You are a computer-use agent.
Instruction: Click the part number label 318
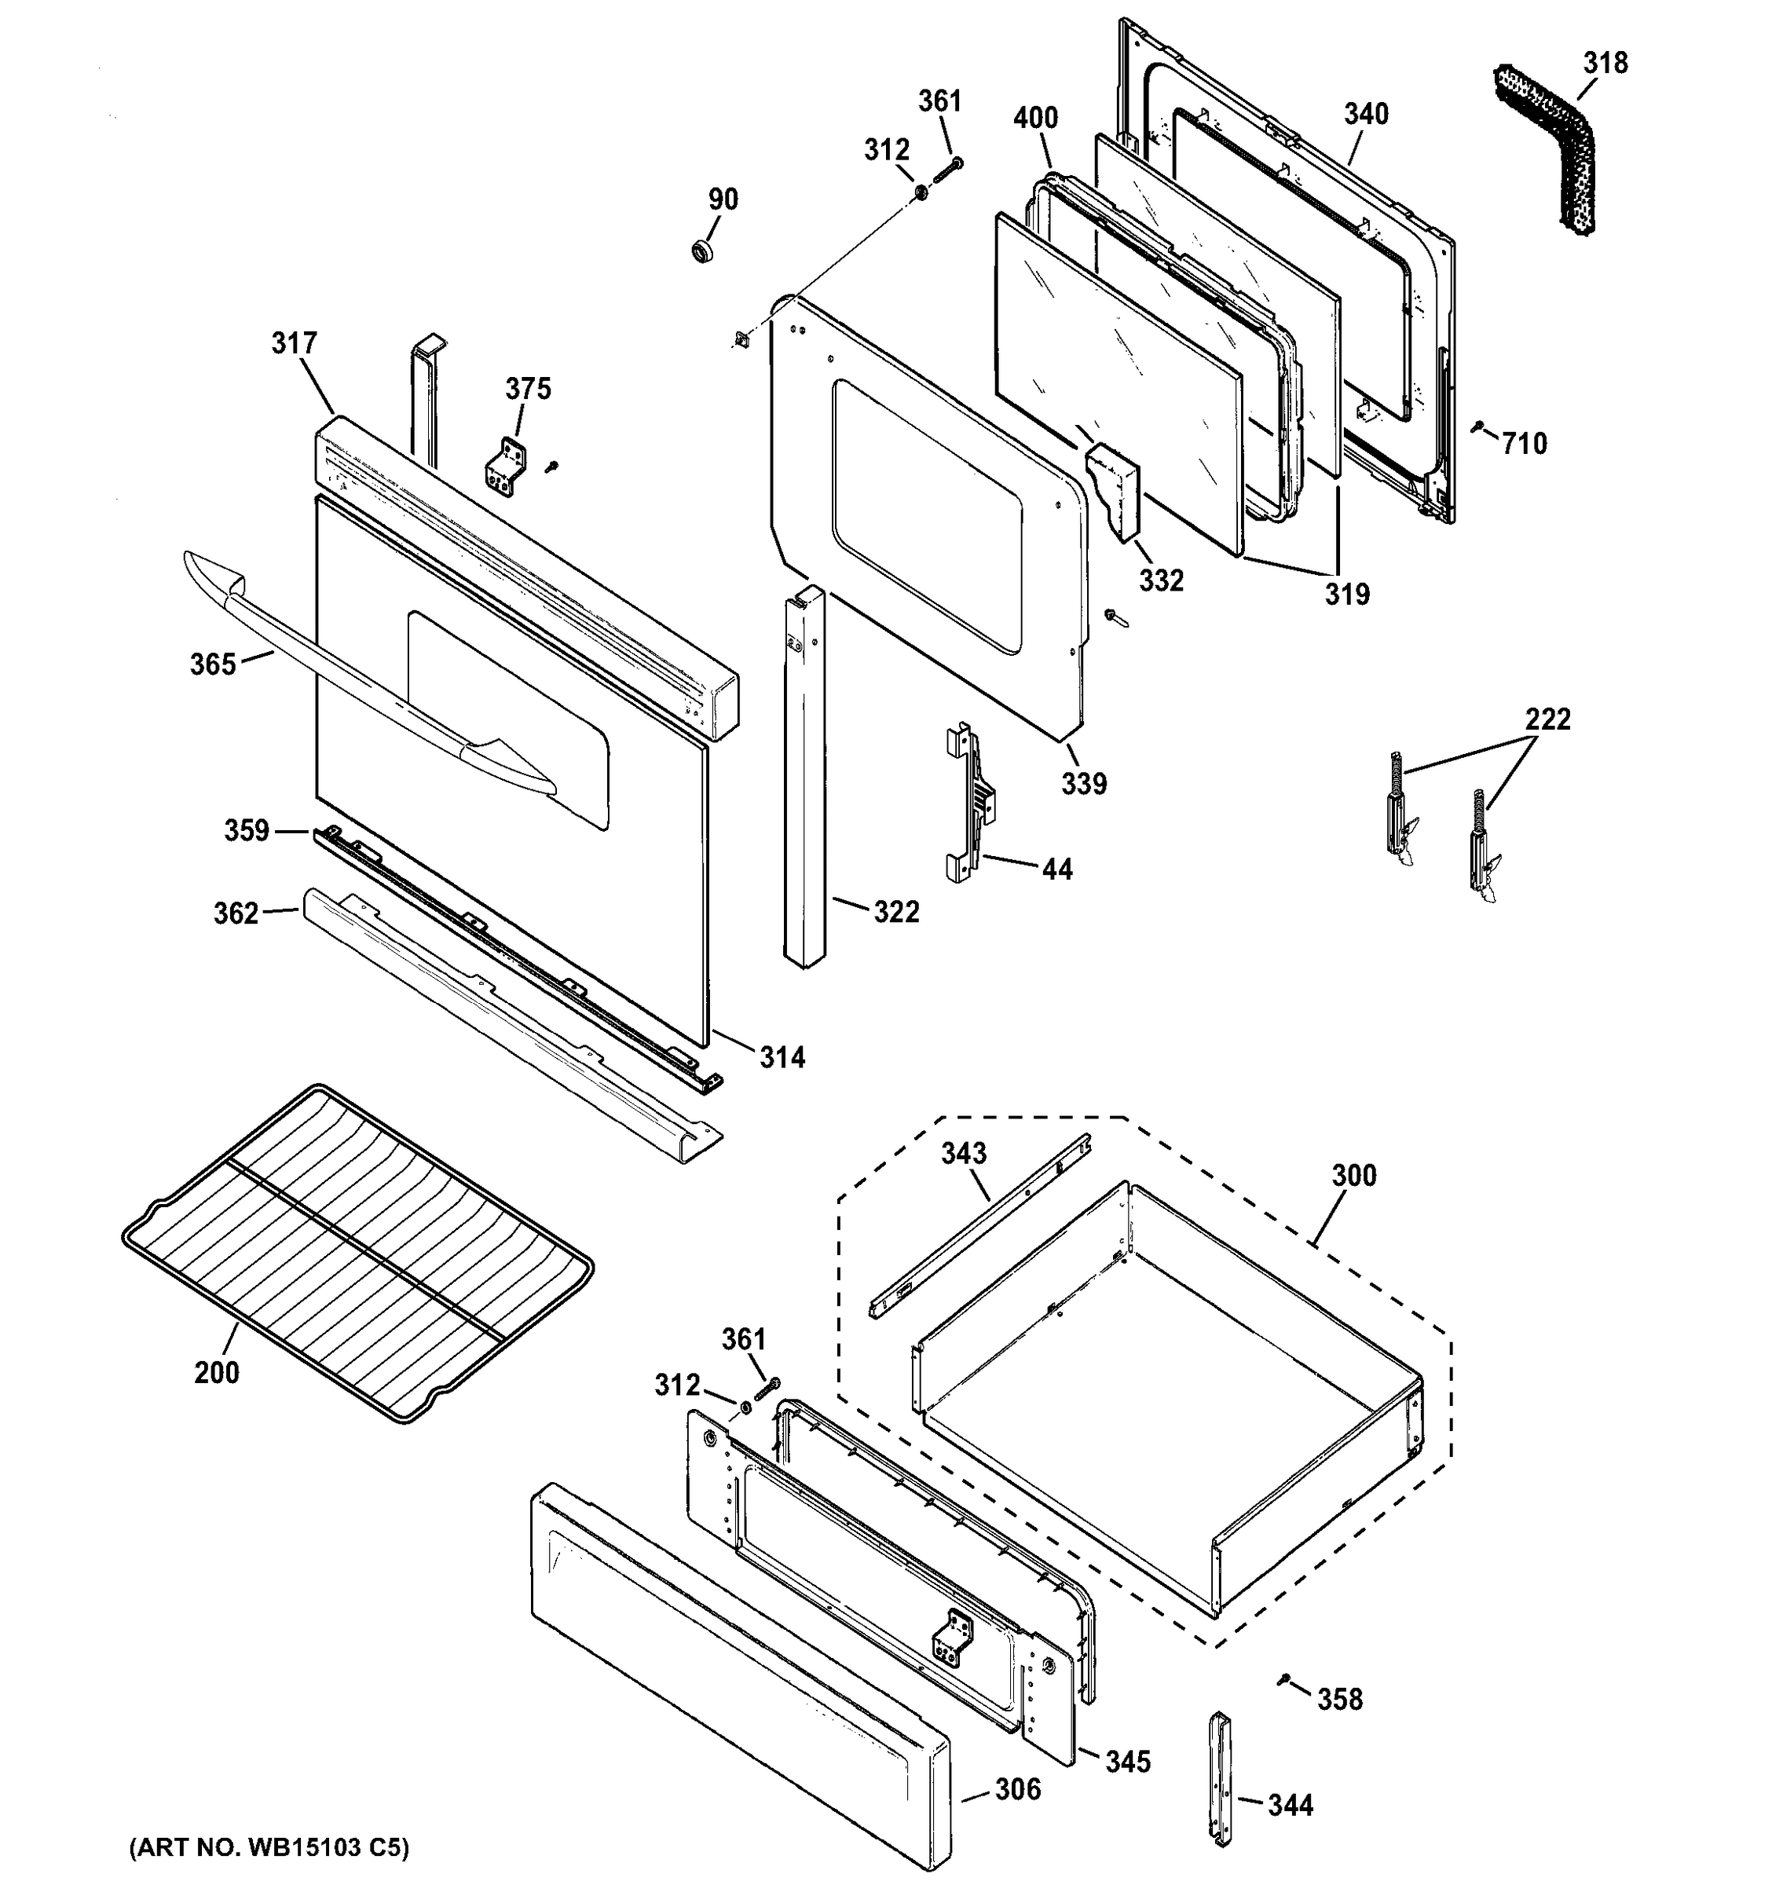click(1604, 63)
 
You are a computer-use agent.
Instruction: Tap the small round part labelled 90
click(701, 251)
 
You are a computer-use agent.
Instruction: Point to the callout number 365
click(212, 664)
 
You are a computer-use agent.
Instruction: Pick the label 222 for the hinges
click(1547, 719)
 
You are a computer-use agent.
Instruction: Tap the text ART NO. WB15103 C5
click(269, 1847)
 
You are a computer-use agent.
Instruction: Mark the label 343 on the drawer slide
click(963, 1153)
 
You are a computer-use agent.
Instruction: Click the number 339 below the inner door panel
click(1084, 783)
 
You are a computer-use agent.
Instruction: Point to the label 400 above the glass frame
click(1035, 119)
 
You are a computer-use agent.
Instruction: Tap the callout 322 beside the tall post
click(896, 911)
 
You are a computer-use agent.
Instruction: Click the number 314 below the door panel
click(782, 1056)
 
